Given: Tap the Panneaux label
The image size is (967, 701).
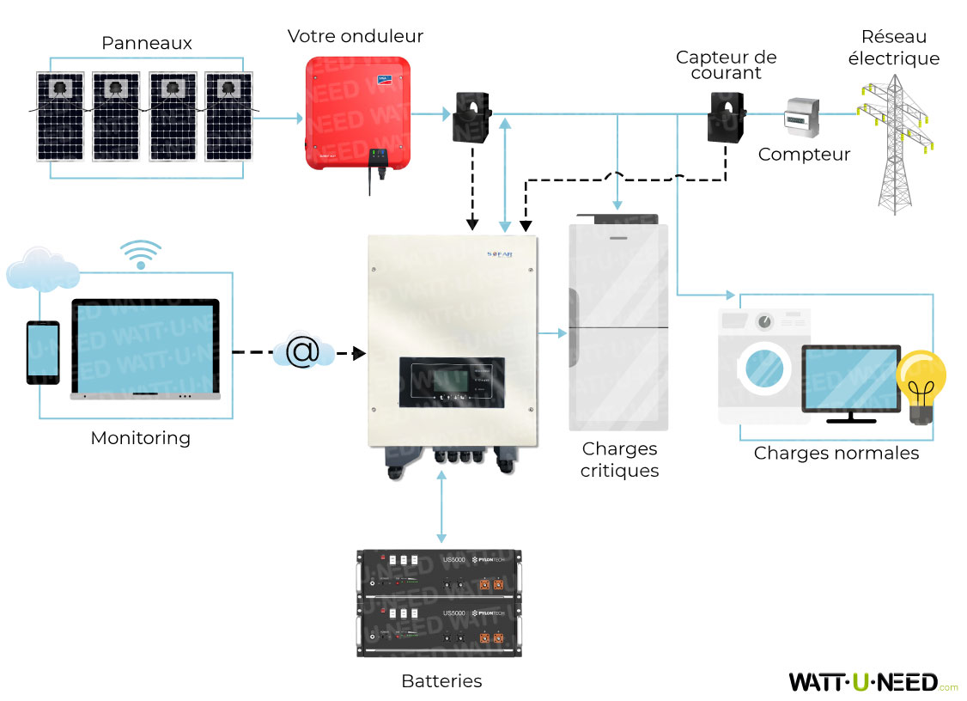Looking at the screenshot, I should tap(147, 43).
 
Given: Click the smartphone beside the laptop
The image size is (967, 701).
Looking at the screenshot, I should tap(43, 352).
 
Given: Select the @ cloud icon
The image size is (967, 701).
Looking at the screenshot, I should tap(301, 352).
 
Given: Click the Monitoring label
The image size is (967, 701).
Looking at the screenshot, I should tap(141, 438).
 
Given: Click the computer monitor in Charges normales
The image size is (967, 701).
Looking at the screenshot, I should tap(851, 381).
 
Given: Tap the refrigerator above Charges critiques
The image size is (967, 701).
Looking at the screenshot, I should tap(618, 326).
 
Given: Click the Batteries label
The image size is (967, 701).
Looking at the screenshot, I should tap(441, 681).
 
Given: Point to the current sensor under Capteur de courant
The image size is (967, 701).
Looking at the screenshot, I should tap(727, 118).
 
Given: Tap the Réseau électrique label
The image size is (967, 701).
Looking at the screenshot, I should tap(894, 48).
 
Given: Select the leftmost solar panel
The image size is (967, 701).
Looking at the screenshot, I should tap(60, 116).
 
